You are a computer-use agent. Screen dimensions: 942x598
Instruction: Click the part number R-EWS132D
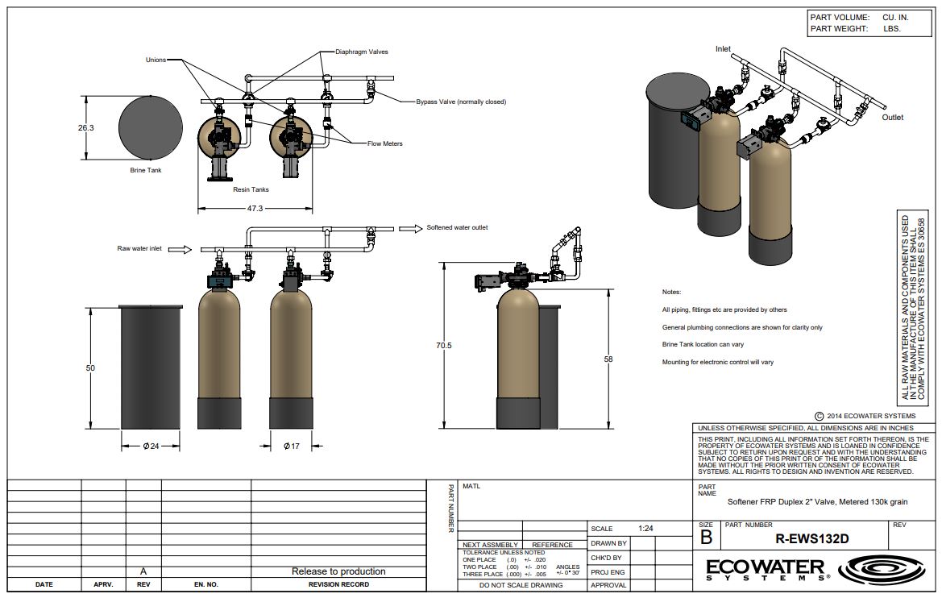pyautogui.click(x=811, y=538)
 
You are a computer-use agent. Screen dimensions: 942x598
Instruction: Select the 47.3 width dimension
pyautogui.click(x=255, y=209)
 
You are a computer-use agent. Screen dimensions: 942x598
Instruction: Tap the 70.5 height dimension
pyautogui.click(x=444, y=346)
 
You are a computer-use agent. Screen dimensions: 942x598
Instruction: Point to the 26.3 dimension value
pyautogui.click(x=86, y=127)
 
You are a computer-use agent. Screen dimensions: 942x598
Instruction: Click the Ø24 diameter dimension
pyautogui.click(x=151, y=446)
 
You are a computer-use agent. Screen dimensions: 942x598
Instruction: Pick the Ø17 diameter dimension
pyautogui.click(x=292, y=446)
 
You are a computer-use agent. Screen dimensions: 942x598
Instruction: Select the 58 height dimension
pyautogui.click(x=608, y=359)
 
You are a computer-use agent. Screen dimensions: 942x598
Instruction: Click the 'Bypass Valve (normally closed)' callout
pyautogui.click(x=461, y=102)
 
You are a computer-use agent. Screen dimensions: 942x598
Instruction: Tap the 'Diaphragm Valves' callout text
pyautogui.click(x=362, y=52)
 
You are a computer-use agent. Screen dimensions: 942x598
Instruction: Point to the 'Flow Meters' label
pyautogui.click(x=385, y=143)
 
